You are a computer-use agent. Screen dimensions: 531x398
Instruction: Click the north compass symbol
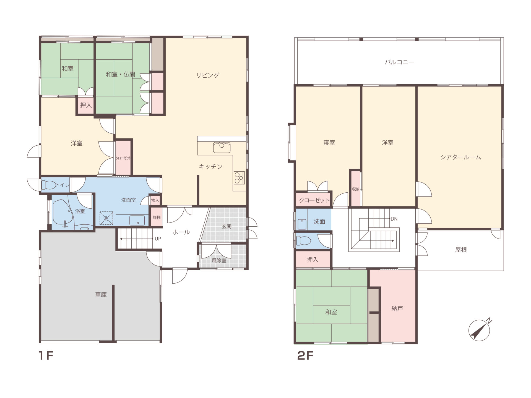479,330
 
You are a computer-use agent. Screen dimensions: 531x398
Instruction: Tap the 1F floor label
46,356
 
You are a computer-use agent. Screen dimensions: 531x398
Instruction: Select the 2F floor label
305,356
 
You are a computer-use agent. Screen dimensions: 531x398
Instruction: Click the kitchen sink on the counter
222,147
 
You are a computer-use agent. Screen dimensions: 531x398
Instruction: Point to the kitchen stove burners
239,178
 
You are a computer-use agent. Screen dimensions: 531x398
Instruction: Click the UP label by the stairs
158,239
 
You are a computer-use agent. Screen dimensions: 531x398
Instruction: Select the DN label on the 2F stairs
394,219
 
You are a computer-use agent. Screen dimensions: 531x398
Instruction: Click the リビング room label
208,75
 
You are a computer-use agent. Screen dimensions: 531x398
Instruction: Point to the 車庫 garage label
101,295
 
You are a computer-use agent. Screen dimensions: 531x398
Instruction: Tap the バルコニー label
399,62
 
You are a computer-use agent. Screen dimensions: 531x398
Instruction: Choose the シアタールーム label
461,157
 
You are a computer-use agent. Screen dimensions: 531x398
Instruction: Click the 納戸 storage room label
397,308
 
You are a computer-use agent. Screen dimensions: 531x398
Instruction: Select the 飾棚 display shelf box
157,217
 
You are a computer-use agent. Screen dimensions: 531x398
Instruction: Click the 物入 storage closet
155,200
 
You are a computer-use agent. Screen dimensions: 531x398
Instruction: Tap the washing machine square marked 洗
106,218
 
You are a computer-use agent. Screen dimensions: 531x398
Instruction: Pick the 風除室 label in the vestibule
219,260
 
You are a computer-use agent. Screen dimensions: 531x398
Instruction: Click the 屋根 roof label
461,250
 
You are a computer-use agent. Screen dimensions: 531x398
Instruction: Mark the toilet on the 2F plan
304,240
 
